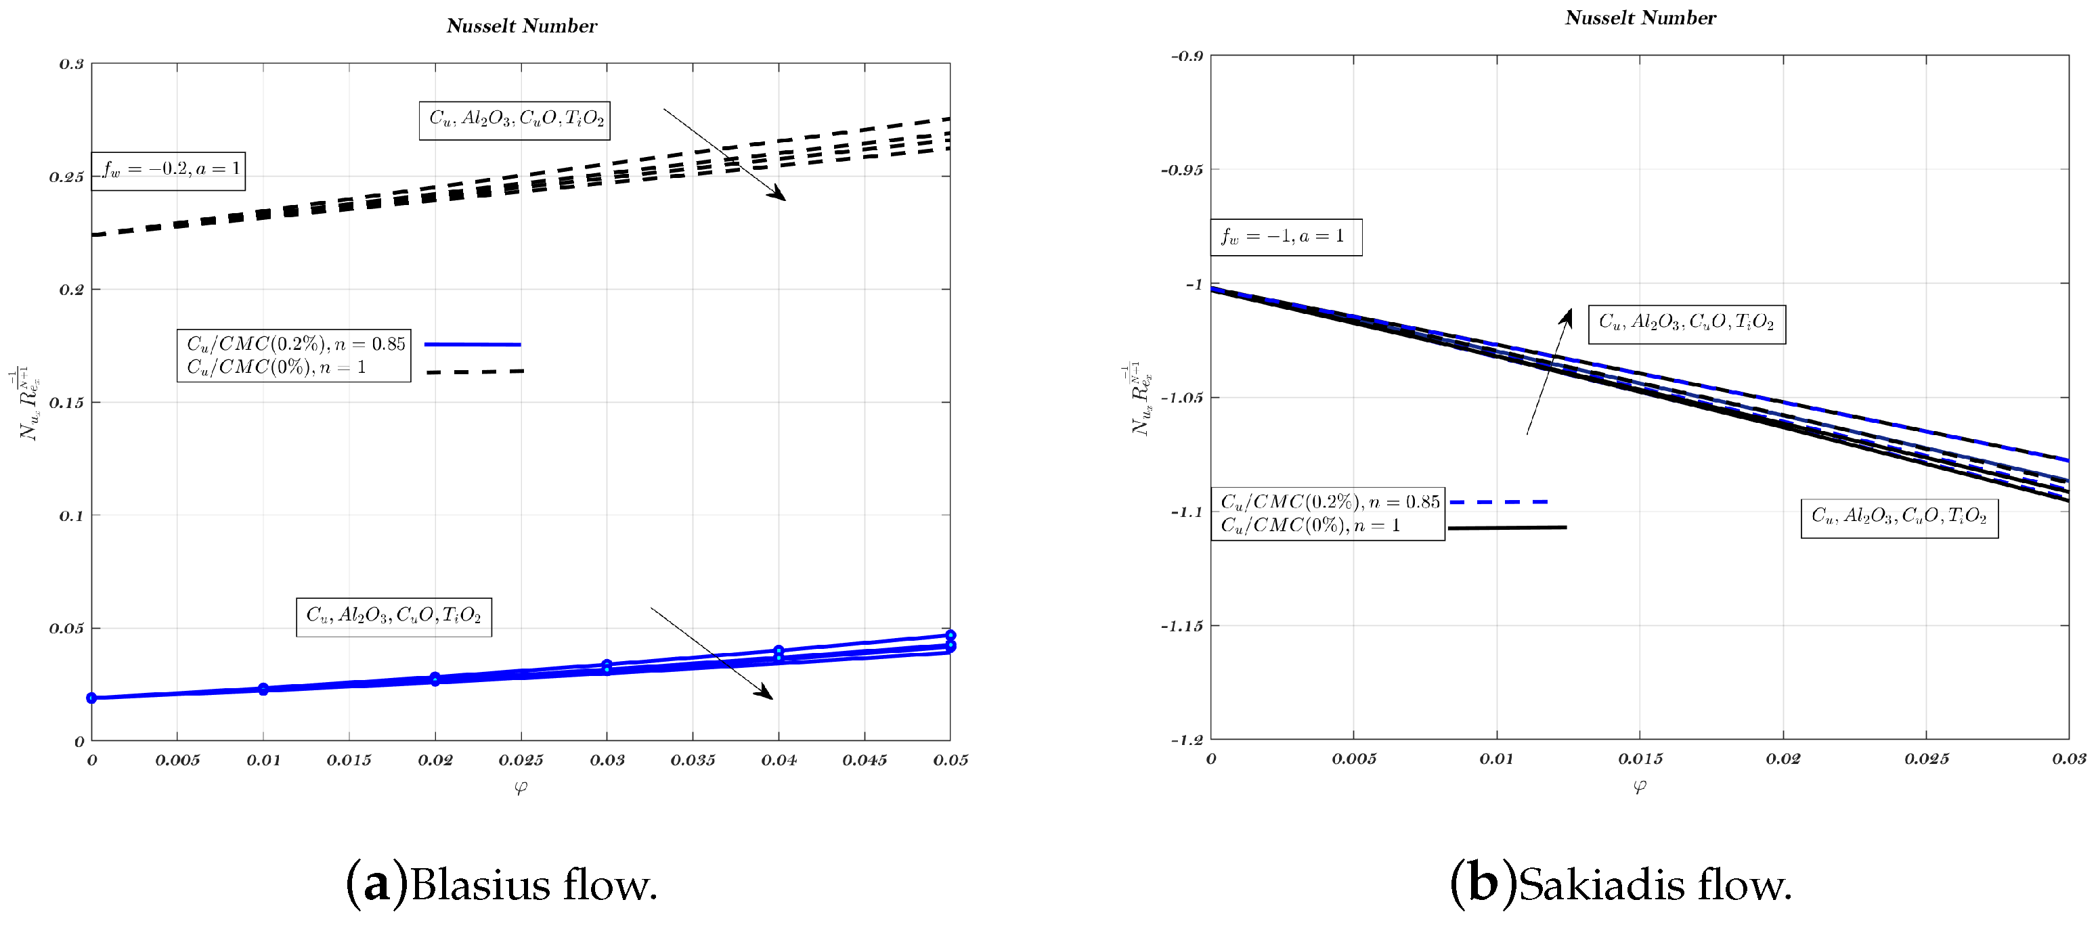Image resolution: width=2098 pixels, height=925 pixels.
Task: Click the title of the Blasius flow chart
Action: (521, 26)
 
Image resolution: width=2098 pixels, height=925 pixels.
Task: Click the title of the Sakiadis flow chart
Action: (1640, 18)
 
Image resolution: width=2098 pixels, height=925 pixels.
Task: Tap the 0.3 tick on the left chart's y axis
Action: (72, 64)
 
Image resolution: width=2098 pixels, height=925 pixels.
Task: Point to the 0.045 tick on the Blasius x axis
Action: (864, 760)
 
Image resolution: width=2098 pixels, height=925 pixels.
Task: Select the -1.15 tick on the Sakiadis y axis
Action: (1181, 626)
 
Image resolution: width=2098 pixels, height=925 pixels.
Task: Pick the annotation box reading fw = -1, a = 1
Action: (1284, 237)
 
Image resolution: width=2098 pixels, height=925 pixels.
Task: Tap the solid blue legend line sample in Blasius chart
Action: (473, 344)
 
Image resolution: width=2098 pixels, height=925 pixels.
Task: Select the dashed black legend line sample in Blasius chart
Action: (475, 372)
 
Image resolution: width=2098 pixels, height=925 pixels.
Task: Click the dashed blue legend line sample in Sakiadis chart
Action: (1499, 502)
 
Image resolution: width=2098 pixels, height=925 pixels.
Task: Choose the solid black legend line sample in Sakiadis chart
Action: (1507, 528)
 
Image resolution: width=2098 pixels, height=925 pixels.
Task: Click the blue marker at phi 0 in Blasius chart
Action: (92, 698)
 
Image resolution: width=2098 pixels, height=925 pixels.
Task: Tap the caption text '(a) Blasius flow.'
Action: (502, 884)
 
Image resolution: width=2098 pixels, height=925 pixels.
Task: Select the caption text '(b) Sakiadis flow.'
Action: (1621, 884)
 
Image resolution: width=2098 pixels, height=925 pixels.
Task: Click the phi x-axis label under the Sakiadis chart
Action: (1640, 786)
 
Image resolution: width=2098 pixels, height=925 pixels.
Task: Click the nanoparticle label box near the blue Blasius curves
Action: (393, 616)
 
